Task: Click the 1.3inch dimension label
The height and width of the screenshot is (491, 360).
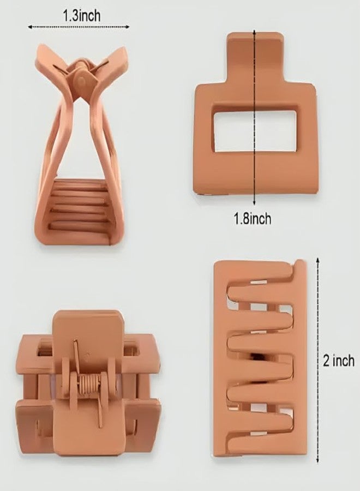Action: pyautogui.click(x=82, y=15)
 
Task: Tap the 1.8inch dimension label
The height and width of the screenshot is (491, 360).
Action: pyautogui.click(x=253, y=218)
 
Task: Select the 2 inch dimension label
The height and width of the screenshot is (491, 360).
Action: pyautogui.click(x=339, y=361)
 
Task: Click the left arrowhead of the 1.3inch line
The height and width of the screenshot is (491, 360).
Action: pyautogui.click(x=30, y=27)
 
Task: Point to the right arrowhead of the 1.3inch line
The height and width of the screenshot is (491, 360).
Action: pyautogui.click(x=128, y=27)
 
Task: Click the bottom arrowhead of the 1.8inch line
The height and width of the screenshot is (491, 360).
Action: pyautogui.click(x=254, y=203)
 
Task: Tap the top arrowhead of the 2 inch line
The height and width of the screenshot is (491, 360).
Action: pyautogui.click(x=318, y=260)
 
